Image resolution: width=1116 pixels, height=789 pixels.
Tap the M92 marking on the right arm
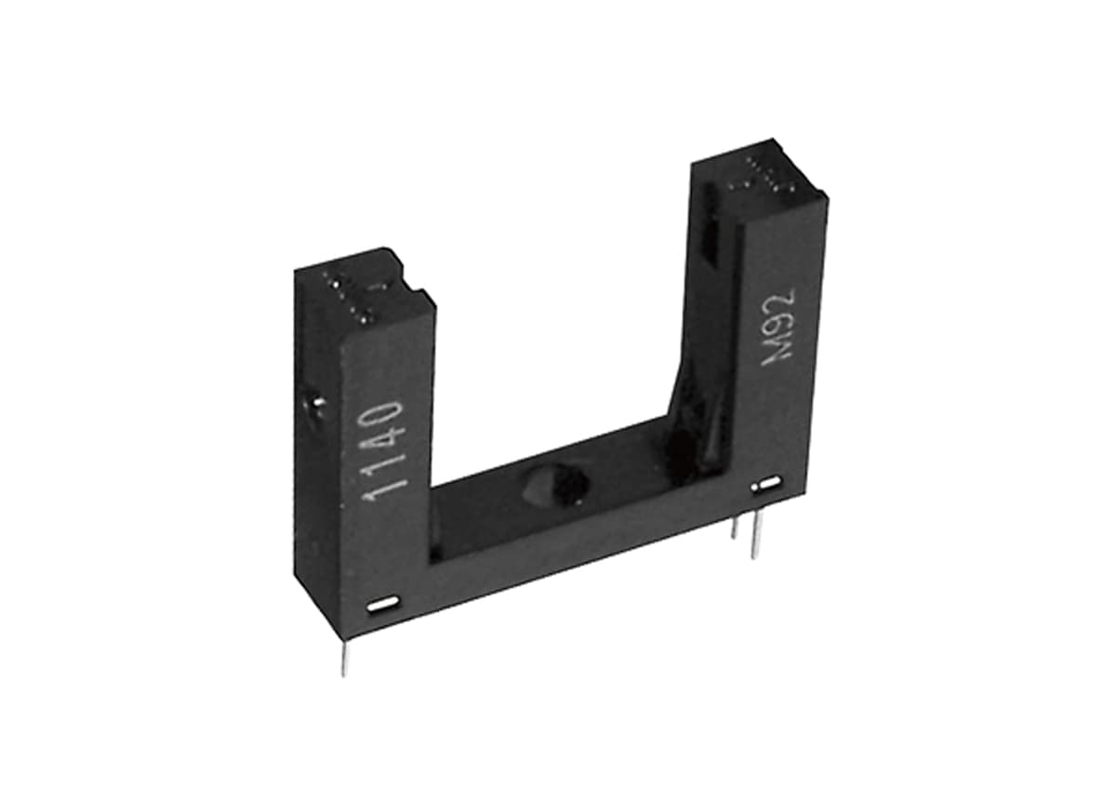tap(778, 330)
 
